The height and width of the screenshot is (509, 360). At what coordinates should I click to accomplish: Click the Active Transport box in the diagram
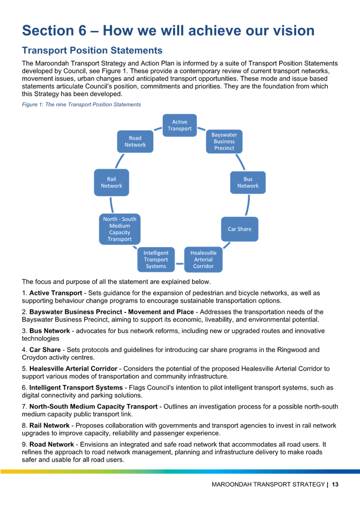click(180, 125)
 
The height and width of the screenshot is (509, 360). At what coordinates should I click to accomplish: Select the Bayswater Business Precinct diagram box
click(224, 141)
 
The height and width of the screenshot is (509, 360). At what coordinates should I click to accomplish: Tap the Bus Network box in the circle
click(248, 182)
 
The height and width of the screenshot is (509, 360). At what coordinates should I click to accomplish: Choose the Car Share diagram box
click(240, 229)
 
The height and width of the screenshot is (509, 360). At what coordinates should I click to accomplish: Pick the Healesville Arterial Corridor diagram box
click(203, 259)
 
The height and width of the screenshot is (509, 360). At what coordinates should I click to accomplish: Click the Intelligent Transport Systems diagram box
click(156, 259)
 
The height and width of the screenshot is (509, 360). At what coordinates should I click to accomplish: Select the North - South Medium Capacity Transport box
click(119, 229)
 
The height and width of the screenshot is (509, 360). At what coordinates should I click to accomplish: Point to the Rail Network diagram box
click(111, 182)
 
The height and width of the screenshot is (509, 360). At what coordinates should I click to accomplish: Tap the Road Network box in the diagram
click(135, 142)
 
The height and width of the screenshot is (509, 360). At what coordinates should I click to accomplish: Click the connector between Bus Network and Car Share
click(248, 205)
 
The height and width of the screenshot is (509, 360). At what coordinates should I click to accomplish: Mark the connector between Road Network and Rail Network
click(119, 161)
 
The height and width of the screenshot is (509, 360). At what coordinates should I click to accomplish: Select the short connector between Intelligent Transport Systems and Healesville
click(180, 264)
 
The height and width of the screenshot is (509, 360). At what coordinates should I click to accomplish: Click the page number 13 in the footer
click(335, 484)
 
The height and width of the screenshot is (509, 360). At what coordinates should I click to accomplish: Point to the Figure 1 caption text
click(81, 104)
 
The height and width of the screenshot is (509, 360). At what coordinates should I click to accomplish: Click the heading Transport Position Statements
click(92, 50)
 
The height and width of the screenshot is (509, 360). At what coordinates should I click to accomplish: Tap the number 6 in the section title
click(82, 31)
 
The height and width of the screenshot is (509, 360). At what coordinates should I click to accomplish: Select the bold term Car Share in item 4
click(45, 349)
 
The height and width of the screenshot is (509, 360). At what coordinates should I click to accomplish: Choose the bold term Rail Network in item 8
click(49, 425)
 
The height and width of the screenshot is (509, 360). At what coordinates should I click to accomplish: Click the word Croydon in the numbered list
click(33, 357)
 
